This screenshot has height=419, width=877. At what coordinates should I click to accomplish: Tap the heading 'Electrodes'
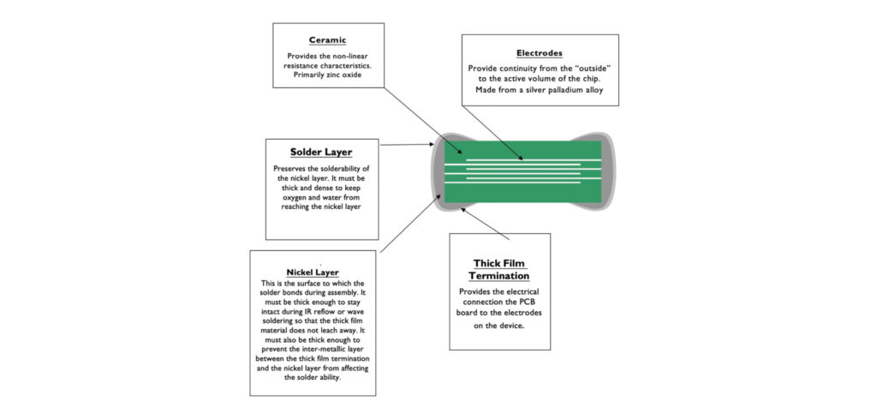point(540,53)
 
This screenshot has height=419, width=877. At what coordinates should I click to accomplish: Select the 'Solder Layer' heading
point(321,153)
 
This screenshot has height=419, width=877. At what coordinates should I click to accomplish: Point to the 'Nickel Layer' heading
point(313,272)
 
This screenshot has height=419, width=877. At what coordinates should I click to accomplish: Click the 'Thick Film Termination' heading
point(499,269)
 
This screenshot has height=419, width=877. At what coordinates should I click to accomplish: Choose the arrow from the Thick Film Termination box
point(484,224)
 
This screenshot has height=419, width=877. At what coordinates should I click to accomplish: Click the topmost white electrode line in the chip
point(522,159)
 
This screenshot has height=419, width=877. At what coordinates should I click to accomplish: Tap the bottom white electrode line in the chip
point(522,180)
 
